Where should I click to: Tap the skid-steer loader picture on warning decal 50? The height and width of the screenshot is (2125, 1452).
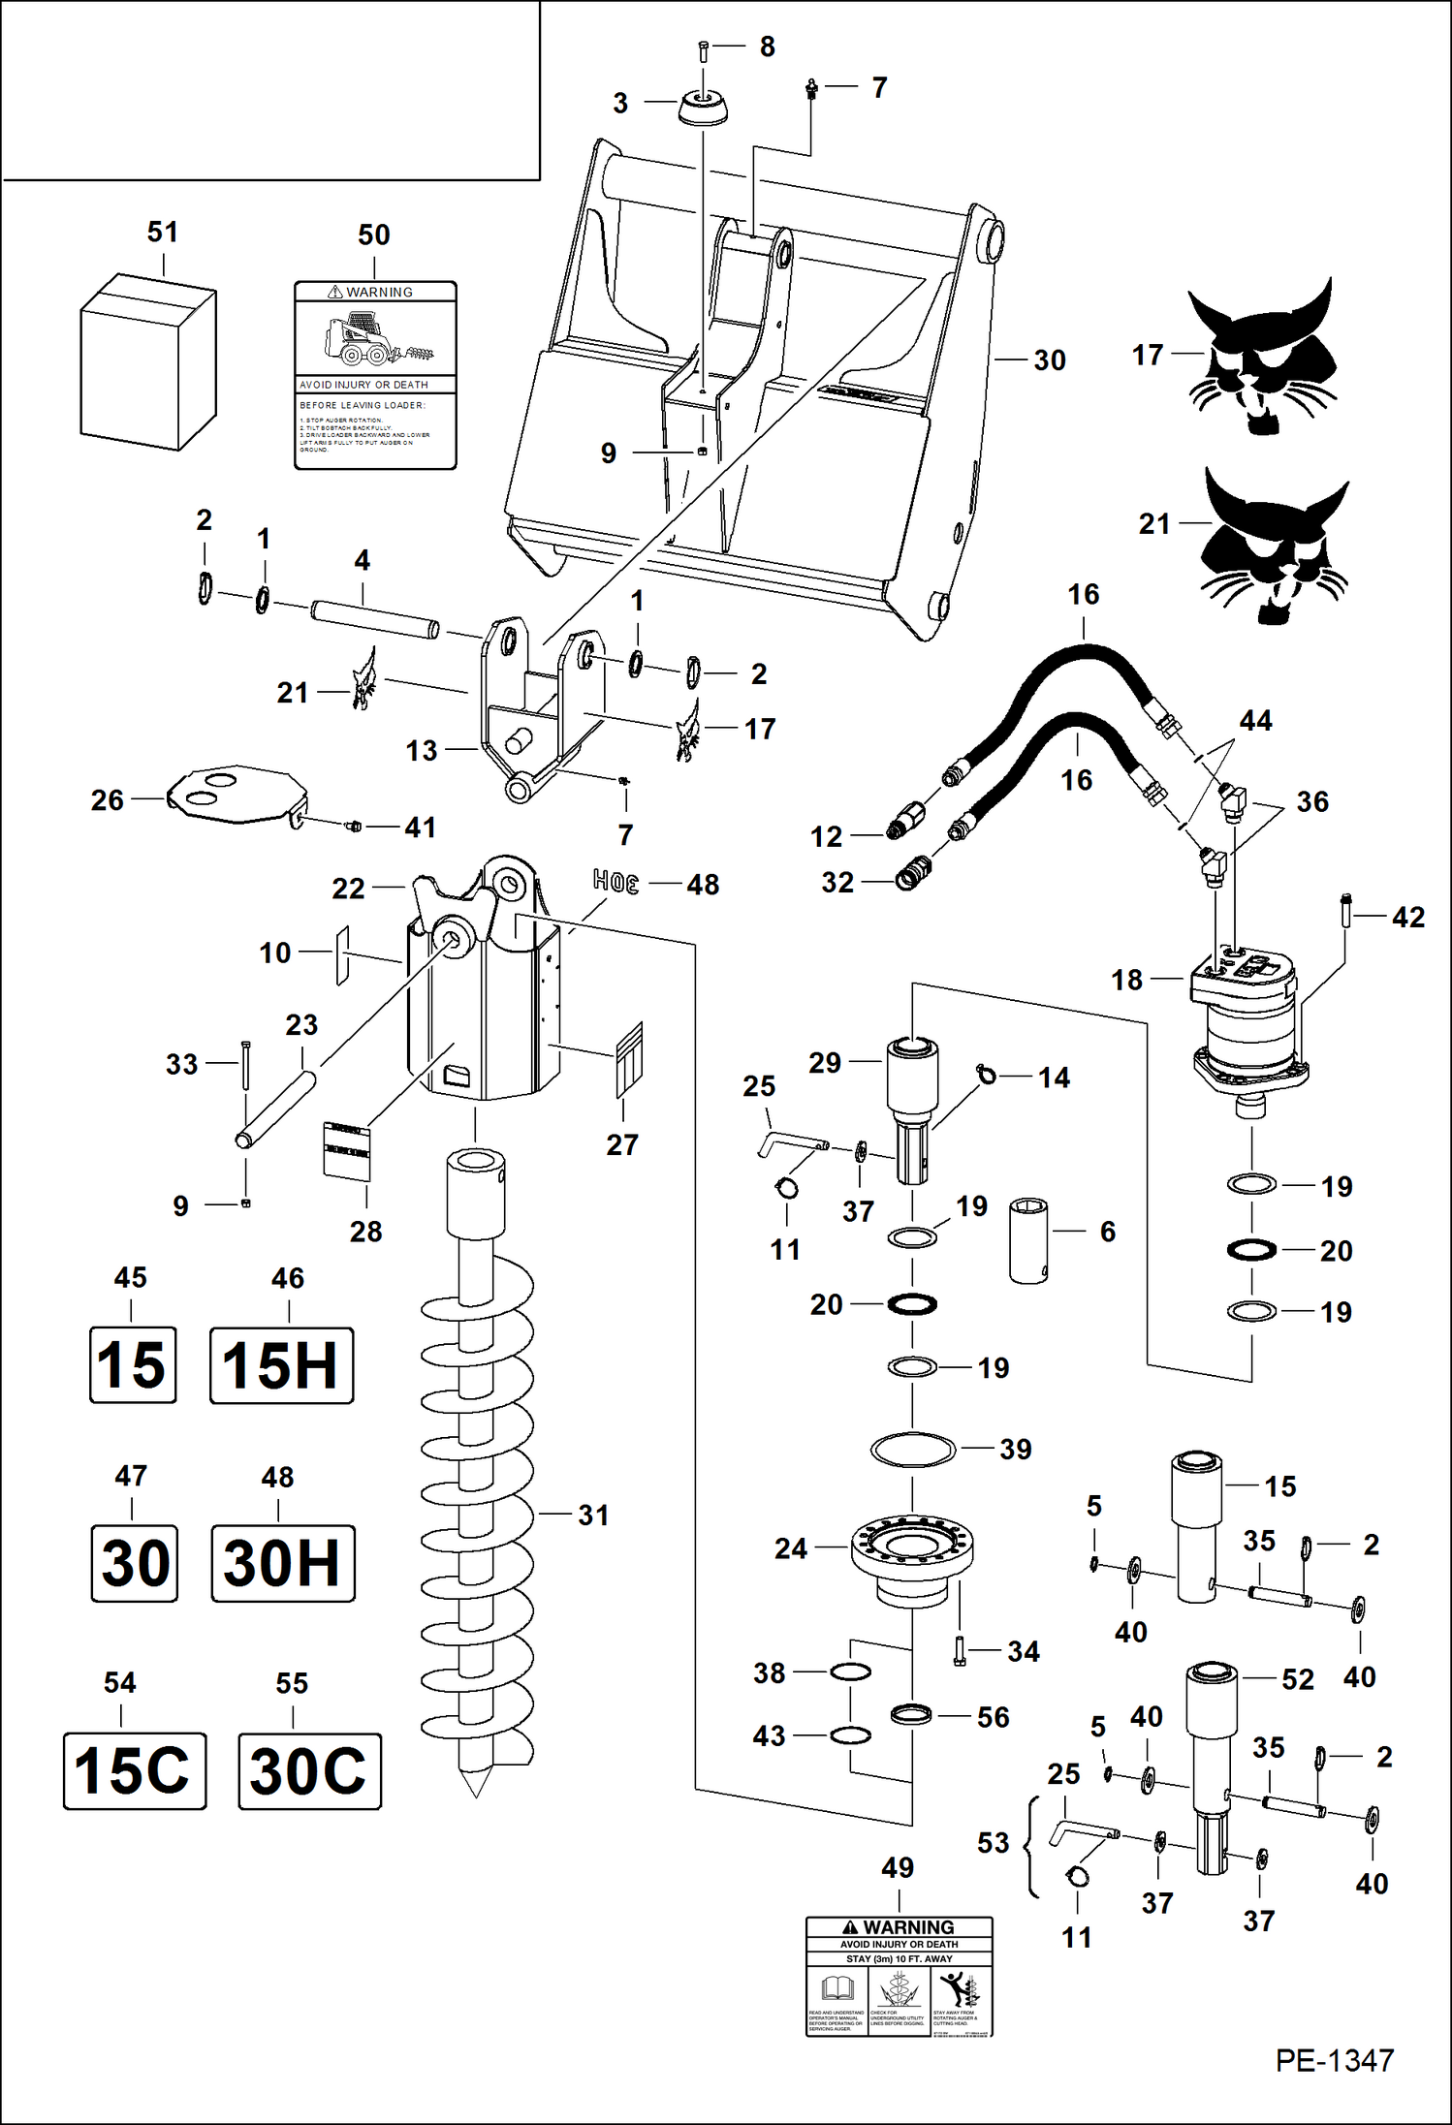(361, 339)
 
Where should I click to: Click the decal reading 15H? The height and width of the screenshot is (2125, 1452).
(281, 1365)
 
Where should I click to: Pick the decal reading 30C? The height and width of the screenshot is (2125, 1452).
(309, 1771)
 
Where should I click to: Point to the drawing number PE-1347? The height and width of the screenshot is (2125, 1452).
(1334, 2060)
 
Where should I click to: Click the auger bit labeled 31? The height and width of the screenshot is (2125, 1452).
(476, 1512)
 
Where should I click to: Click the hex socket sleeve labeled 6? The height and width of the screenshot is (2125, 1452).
(1028, 1240)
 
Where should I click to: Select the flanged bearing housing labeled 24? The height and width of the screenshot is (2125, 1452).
(912, 1552)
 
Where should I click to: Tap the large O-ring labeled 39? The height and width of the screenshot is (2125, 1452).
(913, 1450)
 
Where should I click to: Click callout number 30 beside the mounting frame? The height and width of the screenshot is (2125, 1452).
(1050, 360)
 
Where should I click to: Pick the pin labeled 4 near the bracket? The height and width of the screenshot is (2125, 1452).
(374, 619)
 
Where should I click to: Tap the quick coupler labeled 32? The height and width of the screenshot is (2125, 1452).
(911, 876)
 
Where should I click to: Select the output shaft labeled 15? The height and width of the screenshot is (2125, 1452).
(1196, 1526)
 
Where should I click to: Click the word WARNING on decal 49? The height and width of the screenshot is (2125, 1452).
(908, 1927)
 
